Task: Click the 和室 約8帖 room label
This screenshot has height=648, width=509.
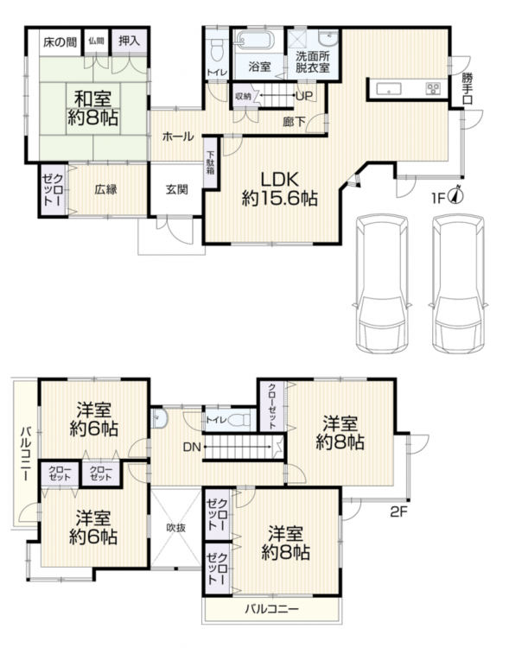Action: pyautogui.click(x=93, y=109)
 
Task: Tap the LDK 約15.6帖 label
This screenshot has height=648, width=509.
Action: pyautogui.click(x=279, y=189)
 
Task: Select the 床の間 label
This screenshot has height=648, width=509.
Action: pyautogui.click(x=60, y=42)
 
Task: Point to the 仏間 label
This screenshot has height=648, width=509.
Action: pyautogui.click(x=96, y=41)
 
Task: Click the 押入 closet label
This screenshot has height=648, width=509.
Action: pyautogui.click(x=130, y=41)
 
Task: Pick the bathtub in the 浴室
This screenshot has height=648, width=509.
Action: pyautogui.click(x=255, y=41)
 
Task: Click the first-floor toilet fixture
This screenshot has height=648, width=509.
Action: pyautogui.click(x=217, y=49)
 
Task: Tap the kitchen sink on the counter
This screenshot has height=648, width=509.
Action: pyautogui.click(x=388, y=89)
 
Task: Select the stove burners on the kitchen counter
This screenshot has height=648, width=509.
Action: pyautogui.click(x=433, y=89)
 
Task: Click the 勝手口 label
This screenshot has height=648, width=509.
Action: pyautogui.click(x=468, y=88)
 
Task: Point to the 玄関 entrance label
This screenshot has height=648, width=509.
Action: pyautogui.click(x=177, y=190)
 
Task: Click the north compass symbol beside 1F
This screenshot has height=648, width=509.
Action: pyautogui.click(x=456, y=195)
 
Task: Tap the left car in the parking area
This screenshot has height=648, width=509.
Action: pyautogui.click(x=382, y=284)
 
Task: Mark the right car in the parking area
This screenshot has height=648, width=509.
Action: pyautogui.click(x=458, y=284)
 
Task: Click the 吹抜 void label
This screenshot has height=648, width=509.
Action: pyautogui.click(x=176, y=528)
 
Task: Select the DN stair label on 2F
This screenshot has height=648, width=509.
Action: pyautogui.click(x=192, y=448)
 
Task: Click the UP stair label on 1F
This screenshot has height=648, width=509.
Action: pyautogui.click(x=304, y=96)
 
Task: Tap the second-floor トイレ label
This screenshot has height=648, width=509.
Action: pyautogui.click(x=216, y=420)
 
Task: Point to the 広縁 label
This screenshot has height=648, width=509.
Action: pyautogui.click(x=105, y=190)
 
